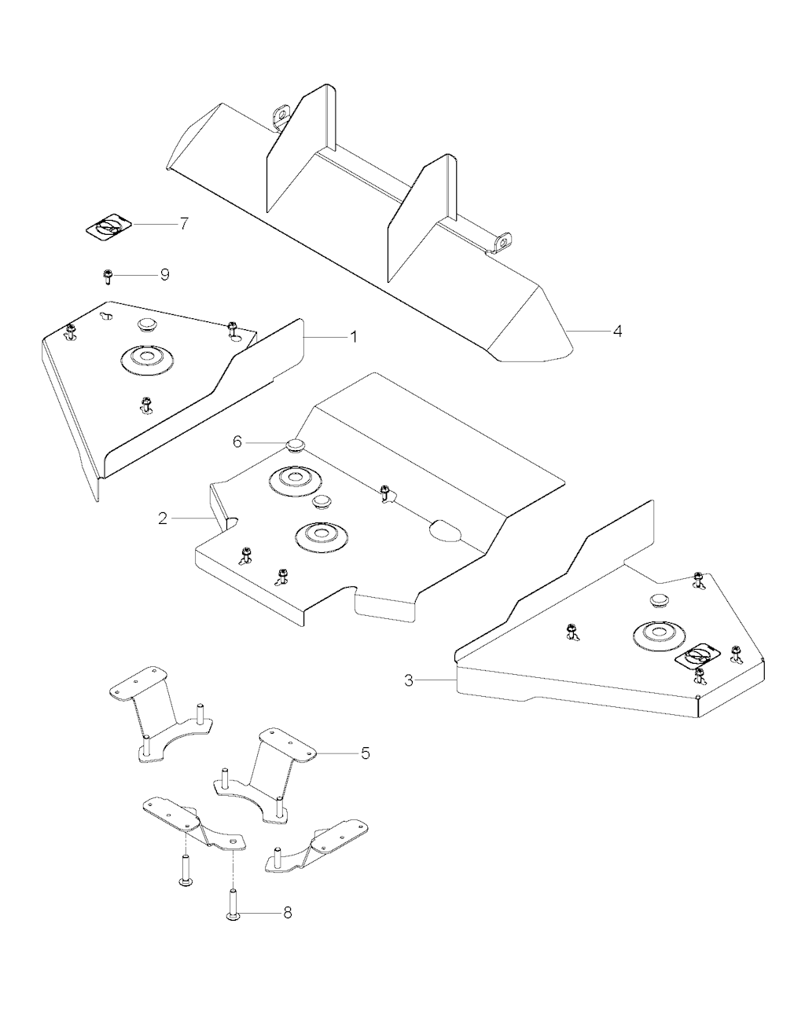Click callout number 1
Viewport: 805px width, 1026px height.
point(354,337)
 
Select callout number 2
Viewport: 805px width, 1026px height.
point(163,518)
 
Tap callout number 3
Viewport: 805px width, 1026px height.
point(409,680)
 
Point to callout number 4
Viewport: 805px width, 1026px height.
point(617,332)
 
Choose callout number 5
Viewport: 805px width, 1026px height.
point(366,753)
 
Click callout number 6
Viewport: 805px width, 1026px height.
point(237,442)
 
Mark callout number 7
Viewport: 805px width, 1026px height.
point(183,223)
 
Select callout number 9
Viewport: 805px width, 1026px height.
point(164,275)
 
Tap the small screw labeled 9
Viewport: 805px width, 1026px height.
point(107,276)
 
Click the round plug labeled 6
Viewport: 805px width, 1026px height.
point(296,446)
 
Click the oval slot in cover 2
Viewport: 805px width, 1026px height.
point(444,531)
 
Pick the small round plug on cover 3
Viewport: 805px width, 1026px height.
point(659,600)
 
